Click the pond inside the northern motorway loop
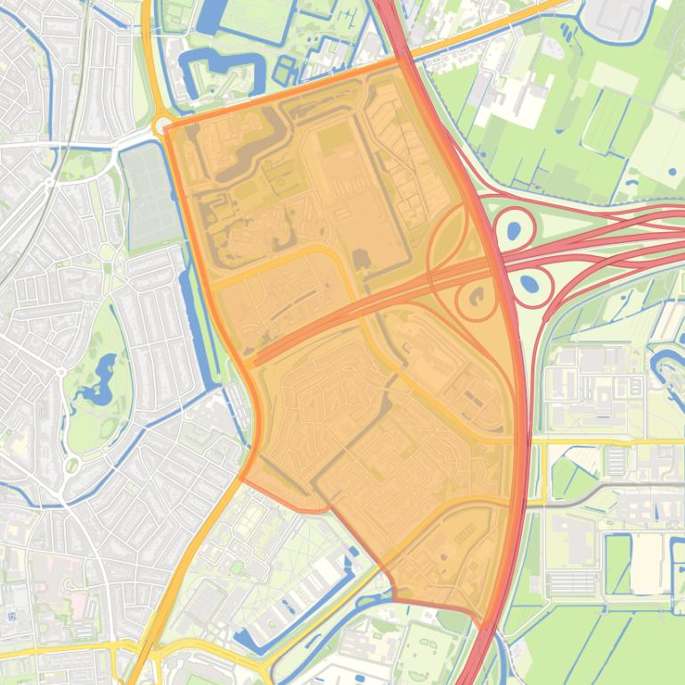[x=514, y=231]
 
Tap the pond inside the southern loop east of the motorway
[x=529, y=286]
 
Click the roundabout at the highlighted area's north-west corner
[x=163, y=125]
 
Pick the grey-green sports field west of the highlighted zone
[x=150, y=196]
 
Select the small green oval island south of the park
[x=72, y=465]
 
